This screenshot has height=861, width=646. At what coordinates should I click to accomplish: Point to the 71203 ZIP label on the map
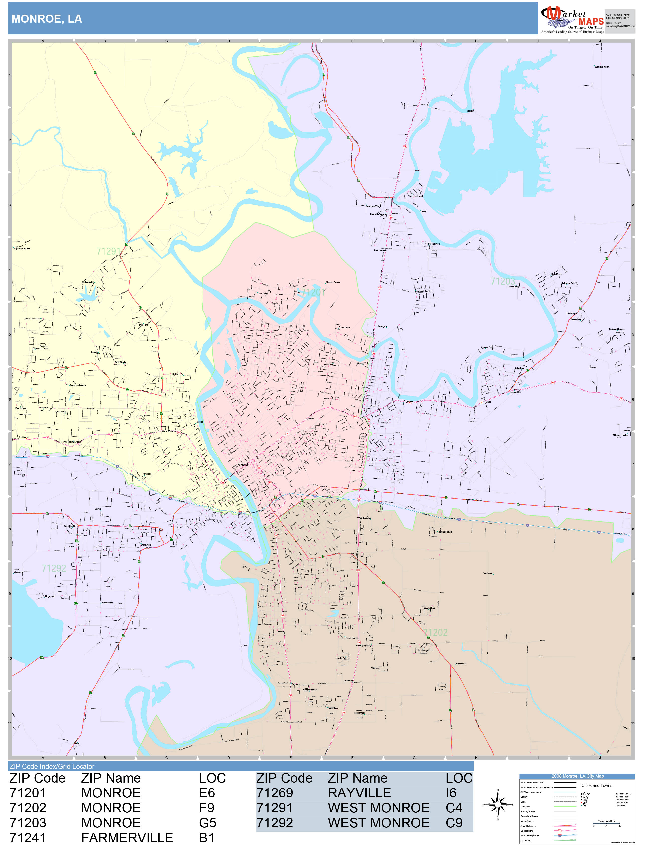pos(503,281)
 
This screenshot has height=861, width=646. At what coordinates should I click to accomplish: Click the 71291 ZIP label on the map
pos(109,251)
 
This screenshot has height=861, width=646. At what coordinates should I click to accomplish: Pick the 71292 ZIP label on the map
pos(54,568)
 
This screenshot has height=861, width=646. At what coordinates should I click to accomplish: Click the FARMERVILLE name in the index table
pos(127,838)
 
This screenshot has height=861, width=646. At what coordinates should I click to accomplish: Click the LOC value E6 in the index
pos(207,793)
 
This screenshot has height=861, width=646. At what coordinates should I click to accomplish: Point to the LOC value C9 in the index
pos(454,823)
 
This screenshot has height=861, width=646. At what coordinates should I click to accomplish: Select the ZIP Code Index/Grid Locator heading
pos(52,766)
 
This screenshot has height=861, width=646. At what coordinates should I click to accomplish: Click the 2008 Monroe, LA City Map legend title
pos(577,776)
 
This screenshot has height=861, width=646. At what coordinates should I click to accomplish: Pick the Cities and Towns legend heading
pos(597,785)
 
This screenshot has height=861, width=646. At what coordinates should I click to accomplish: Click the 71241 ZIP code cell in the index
pos(28,838)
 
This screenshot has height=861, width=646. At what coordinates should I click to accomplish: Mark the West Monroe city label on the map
pos(169,431)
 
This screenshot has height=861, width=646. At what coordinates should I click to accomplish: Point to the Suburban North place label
pos(602,67)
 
